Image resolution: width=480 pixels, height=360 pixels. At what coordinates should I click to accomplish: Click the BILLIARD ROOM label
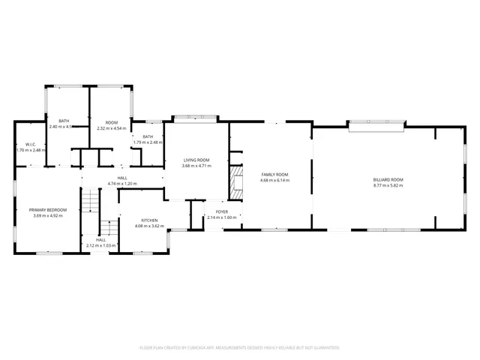point(388,180)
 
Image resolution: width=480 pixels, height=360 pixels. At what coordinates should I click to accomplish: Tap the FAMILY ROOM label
point(274,175)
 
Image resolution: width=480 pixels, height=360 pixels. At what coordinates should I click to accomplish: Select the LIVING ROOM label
point(196,160)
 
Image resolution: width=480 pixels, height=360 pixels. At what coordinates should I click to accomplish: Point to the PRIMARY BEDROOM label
point(48,210)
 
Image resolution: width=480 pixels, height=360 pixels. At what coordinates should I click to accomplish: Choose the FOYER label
point(222,212)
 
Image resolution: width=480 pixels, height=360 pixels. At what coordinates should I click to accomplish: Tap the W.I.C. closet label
point(31,144)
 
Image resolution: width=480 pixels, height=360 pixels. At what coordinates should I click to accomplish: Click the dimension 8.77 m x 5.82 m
point(388,185)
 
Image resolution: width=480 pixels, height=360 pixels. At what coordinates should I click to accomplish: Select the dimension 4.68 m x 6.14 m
point(274,180)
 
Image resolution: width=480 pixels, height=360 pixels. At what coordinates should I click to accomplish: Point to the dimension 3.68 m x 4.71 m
point(196,165)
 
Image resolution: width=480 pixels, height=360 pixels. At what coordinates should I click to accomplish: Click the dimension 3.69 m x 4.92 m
point(48,215)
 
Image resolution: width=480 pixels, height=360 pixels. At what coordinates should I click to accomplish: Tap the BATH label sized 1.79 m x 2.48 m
point(148,136)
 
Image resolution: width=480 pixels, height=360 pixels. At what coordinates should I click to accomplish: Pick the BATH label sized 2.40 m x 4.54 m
point(63,121)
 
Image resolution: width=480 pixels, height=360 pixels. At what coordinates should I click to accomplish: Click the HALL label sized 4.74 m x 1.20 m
point(122,178)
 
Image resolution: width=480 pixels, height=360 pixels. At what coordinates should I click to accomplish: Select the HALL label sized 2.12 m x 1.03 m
point(100,240)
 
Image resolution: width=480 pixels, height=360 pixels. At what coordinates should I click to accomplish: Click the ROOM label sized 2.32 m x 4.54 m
point(112,122)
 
